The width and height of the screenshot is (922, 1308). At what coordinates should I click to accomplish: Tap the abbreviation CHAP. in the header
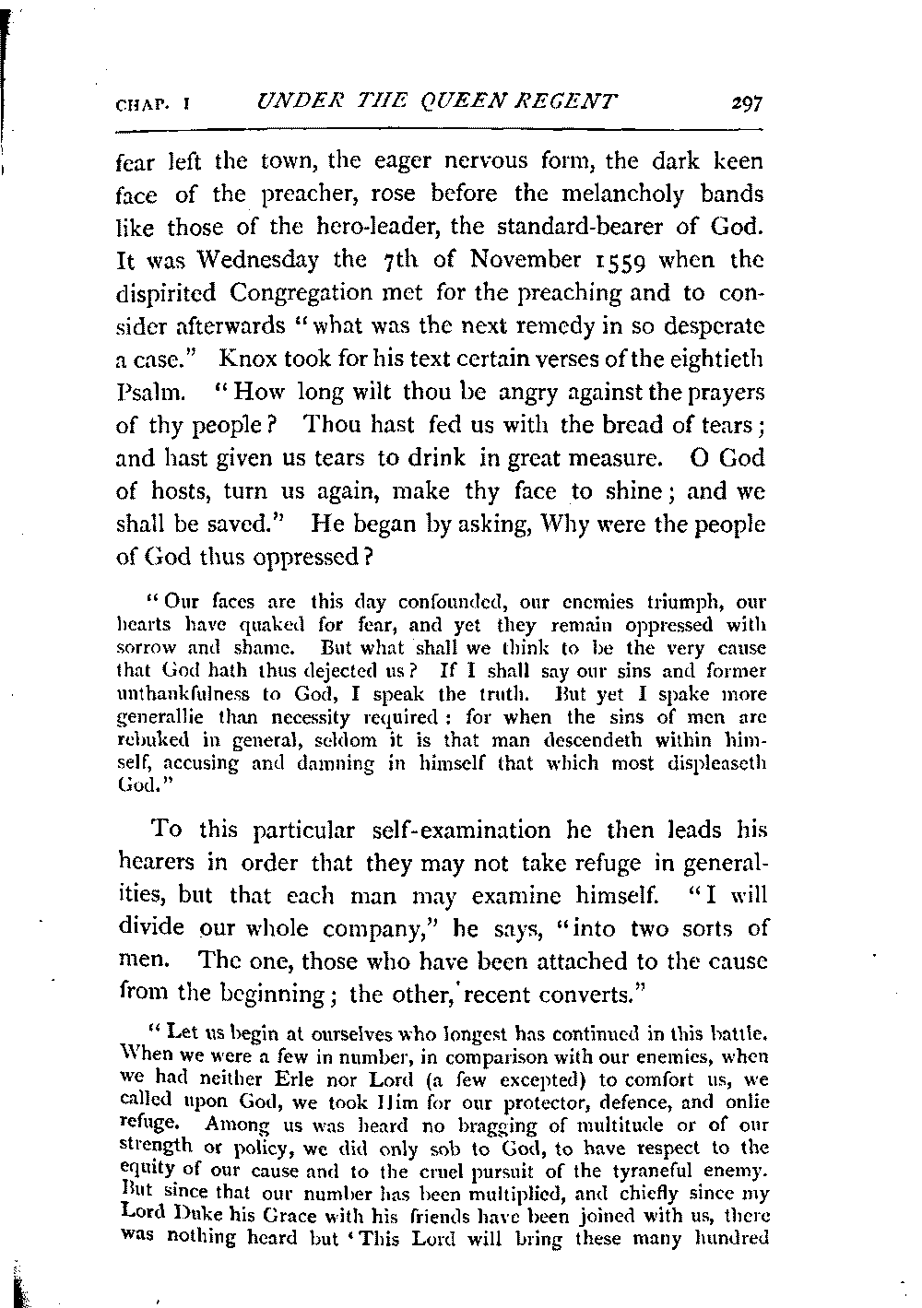click(138, 104)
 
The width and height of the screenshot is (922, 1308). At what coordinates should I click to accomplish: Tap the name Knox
click(264, 359)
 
